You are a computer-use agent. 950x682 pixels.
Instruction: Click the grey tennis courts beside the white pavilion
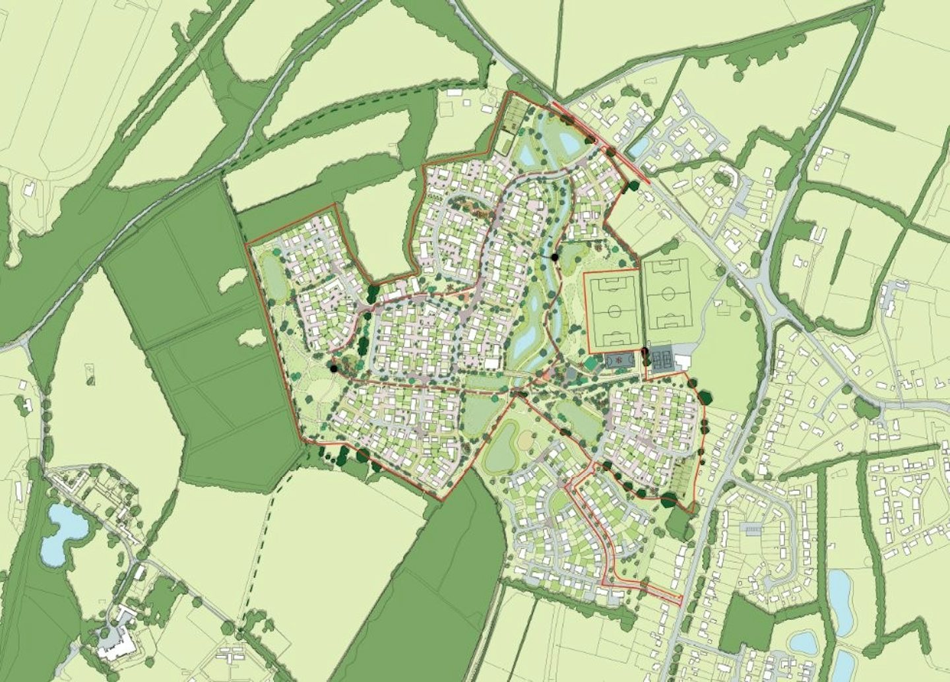pos(661,358)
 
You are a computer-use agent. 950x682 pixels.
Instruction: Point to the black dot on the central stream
pos(555,257)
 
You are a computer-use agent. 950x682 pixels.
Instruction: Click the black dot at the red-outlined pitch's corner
pos(645,350)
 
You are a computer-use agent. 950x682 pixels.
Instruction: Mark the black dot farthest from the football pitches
pos(333,369)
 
